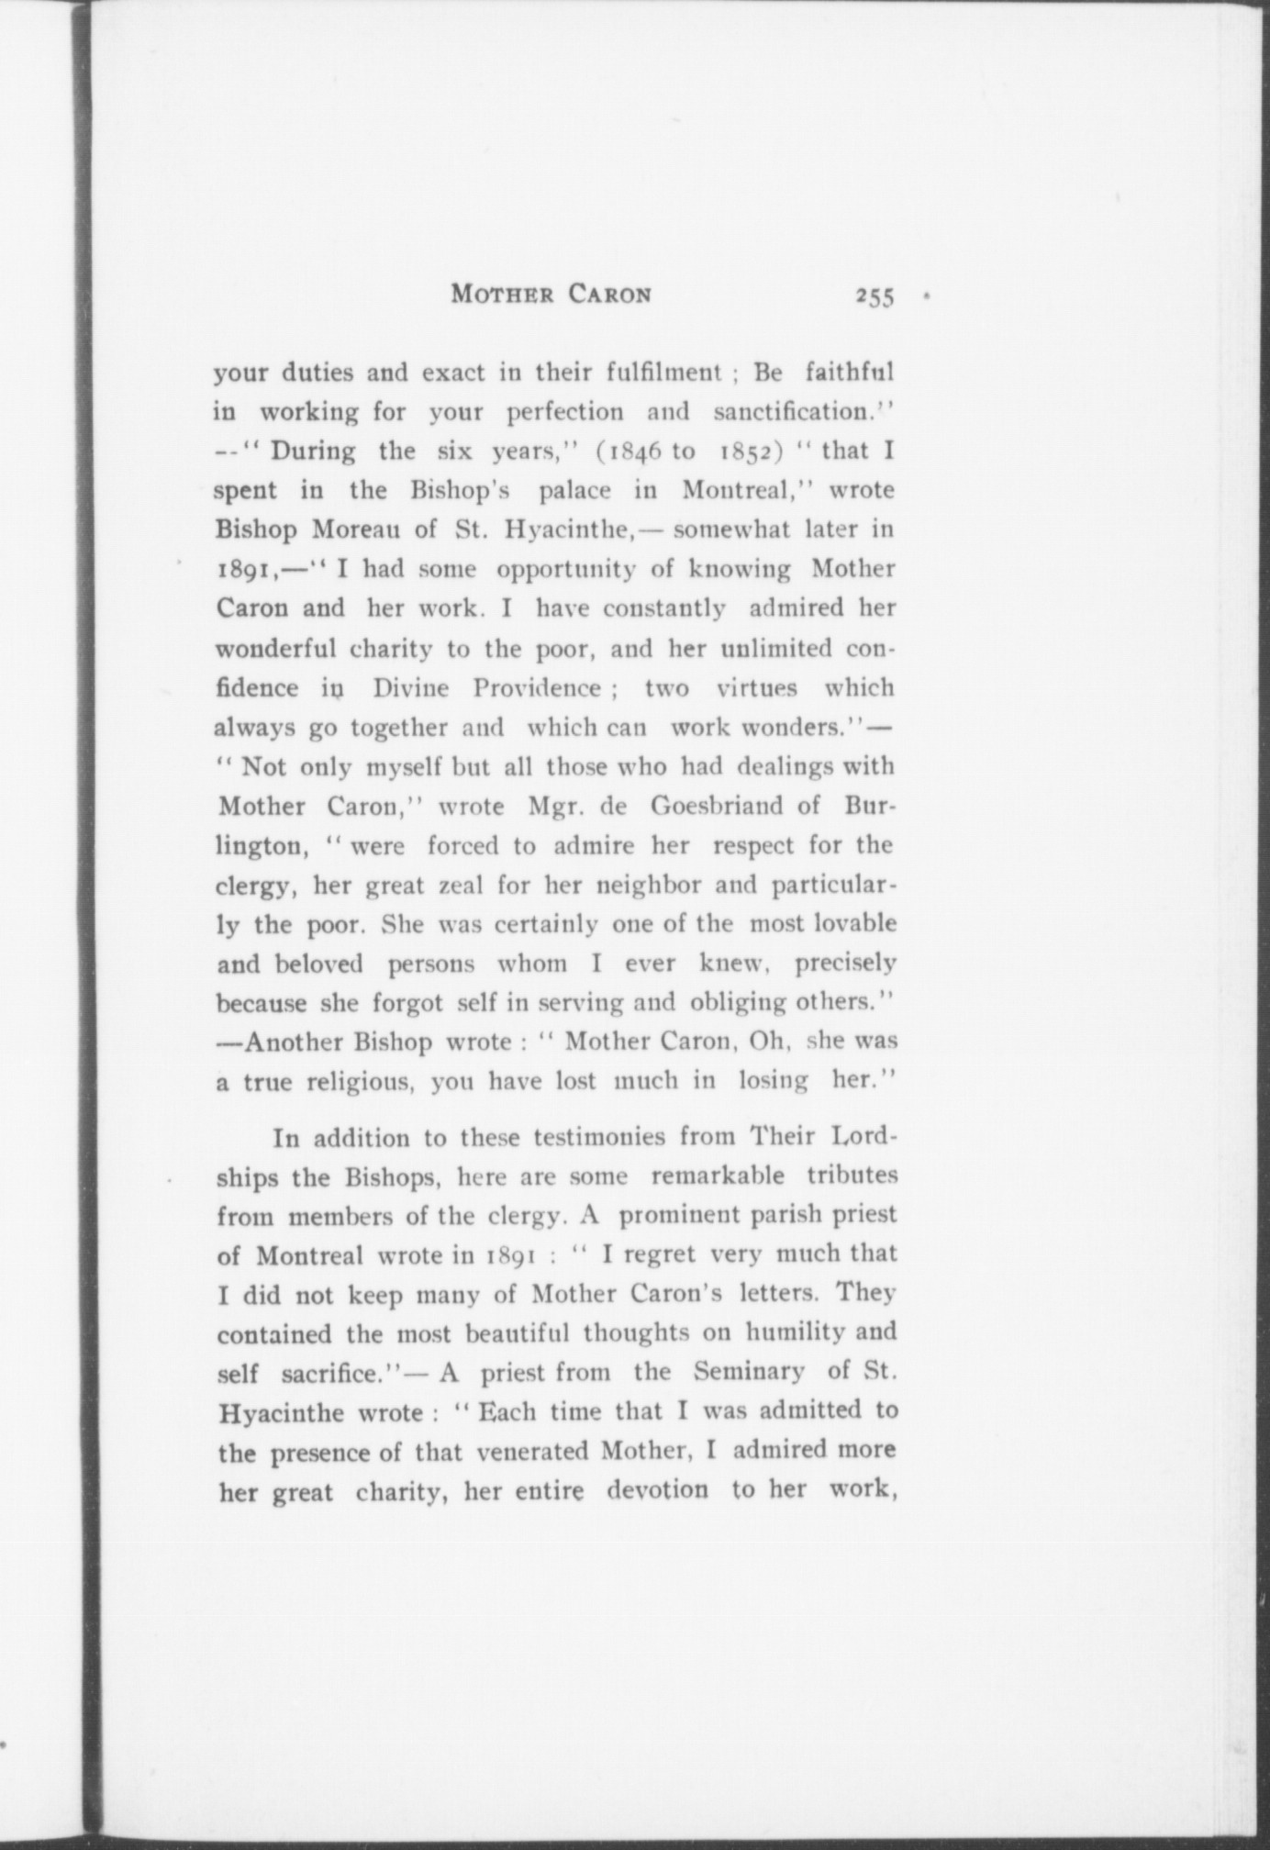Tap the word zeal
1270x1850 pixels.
pos(459,886)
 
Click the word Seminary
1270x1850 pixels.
pos(749,1371)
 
